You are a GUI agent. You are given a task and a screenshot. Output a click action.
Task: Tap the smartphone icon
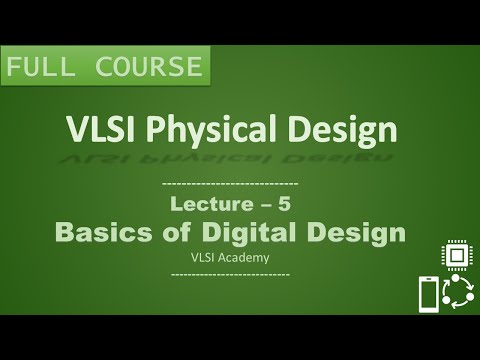(428, 295)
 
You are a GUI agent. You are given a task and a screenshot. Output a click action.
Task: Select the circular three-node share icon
(459, 294)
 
